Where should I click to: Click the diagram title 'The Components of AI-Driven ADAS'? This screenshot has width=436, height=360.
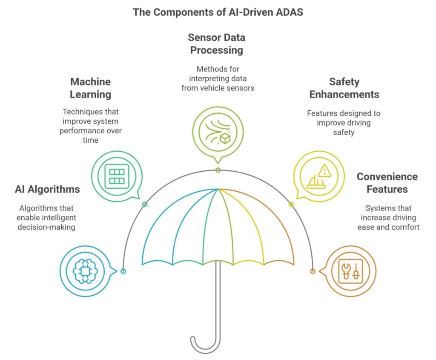tap(218, 12)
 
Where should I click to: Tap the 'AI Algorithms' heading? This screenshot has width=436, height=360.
tap(47, 189)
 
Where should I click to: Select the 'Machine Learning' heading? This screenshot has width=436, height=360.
tap(90, 88)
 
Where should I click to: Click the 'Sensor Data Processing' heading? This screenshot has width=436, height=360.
tap(217, 43)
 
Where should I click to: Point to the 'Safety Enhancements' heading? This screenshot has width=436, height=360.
tap(344, 88)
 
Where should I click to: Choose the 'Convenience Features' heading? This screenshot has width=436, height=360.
tap(387, 182)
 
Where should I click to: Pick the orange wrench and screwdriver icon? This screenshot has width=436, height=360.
tap(351, 271)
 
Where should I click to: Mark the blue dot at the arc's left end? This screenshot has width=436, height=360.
tap(123, 271)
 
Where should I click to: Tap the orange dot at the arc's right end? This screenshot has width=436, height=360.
tap(312, 271)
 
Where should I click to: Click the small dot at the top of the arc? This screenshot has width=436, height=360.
tap(218, 170)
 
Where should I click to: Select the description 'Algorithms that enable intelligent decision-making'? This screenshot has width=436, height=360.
tap(46, 218)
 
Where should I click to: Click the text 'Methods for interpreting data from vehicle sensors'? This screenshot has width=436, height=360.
tap(217, 78)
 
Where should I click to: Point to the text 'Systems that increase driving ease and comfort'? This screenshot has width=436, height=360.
tap(388, 218)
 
